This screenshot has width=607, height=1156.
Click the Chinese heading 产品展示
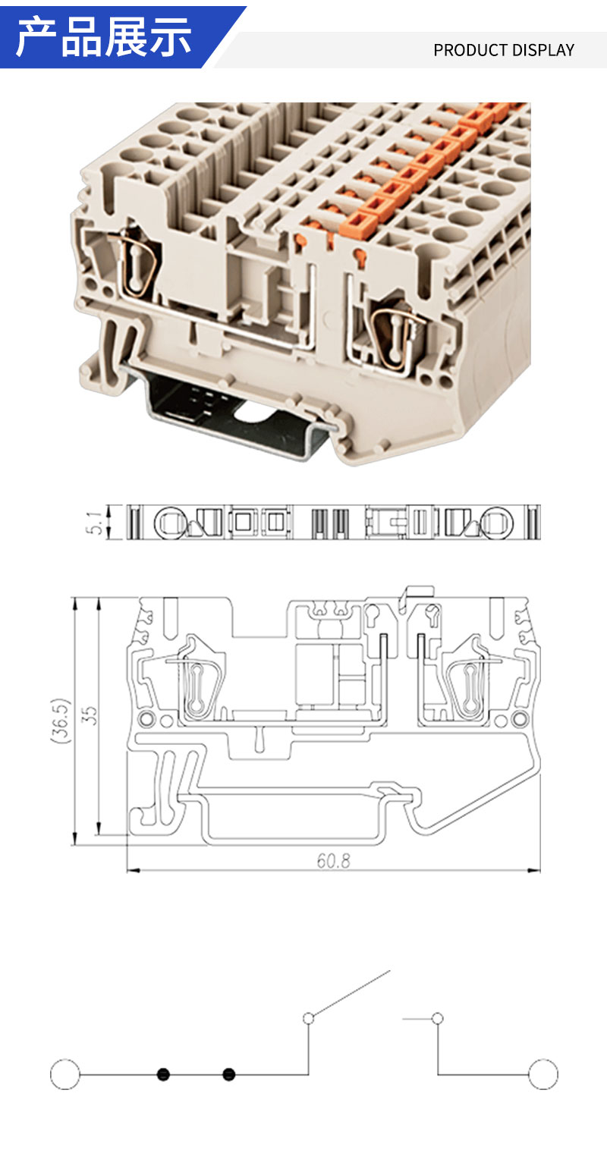click(x=104, y=36)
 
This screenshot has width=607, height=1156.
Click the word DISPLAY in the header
click(x=543, y=50)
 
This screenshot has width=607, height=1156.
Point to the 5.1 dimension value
click(x=94, y=523)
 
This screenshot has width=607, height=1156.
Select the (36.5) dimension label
click(x=60, y=721)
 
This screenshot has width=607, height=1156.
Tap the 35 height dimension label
click(x=90, y=715)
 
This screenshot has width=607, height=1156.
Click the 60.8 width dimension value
click(x=333, y=861)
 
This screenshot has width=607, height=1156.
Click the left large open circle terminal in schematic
click(x=65, y=1075)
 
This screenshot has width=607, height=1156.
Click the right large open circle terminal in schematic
click(x=543, y=1075)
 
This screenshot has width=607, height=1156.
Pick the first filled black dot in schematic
click(x=163, y=1075)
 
